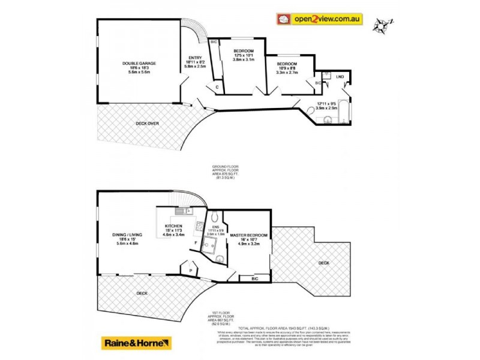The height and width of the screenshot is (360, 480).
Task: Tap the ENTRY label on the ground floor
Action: (x=196, y=58)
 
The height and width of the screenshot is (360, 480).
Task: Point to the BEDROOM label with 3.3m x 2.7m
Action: (x=287, y=64)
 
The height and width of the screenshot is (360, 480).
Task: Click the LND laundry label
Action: (x=340, y=77)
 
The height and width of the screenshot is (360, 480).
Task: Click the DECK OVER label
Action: (x=146, y=124)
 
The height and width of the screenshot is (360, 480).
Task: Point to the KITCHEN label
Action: (x=173, y=226)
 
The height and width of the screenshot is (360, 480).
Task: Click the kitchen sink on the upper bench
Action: (x=181, y=211)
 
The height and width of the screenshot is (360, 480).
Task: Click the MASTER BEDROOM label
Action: (x=248, y=235)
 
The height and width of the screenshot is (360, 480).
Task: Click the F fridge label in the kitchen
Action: (x=196, y=242)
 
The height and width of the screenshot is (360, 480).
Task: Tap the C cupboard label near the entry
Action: (x=217, y=87)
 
